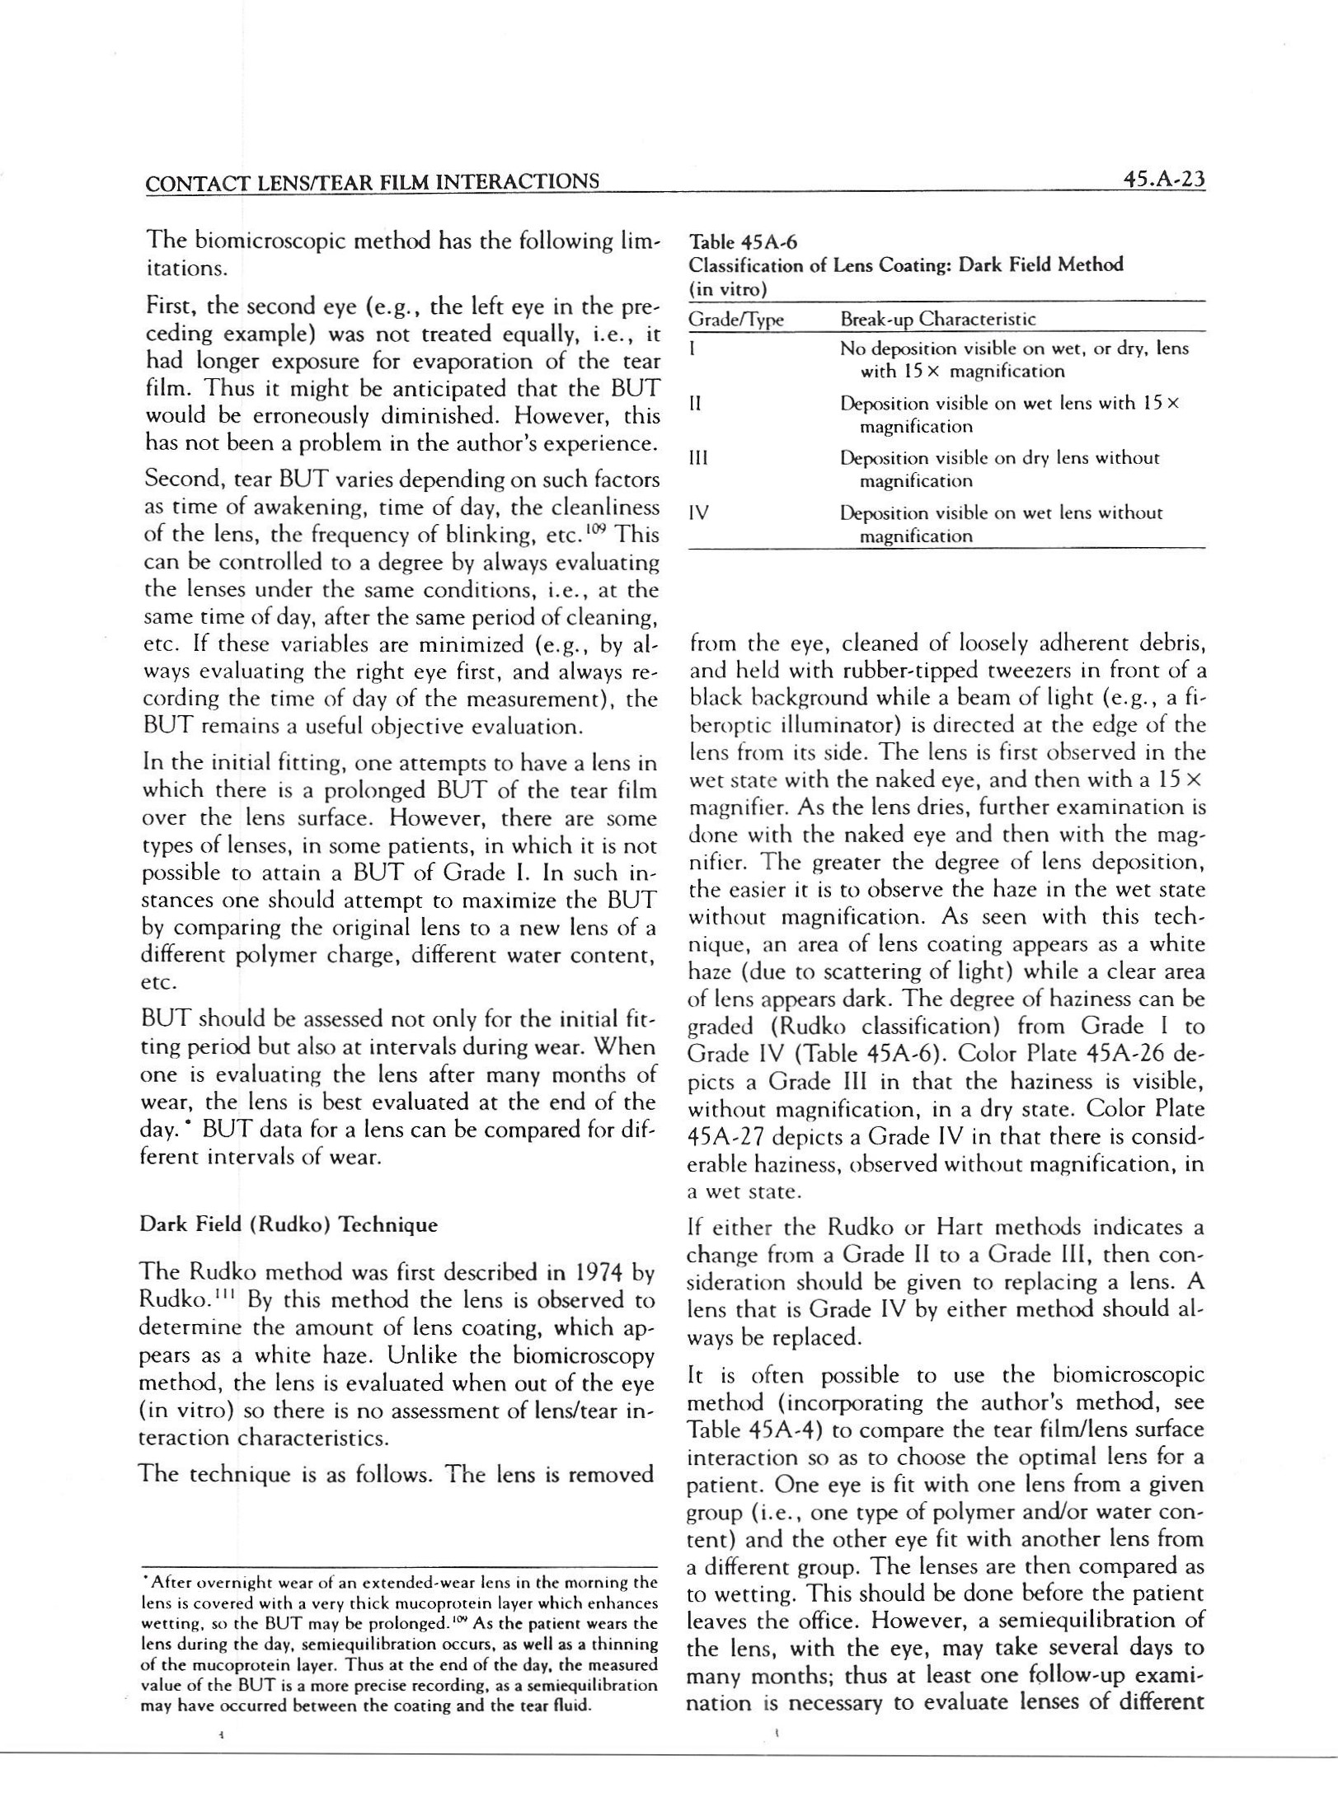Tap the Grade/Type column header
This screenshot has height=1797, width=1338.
735,320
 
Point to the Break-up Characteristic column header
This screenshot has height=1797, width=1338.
937,319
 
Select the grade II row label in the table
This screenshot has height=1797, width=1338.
695,404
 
